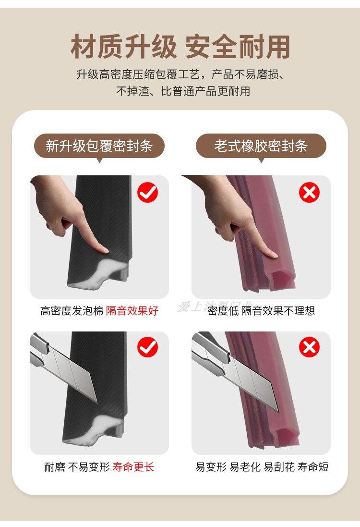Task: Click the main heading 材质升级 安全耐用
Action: [x=180, y=47]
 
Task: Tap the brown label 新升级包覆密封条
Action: [x=99, y=146]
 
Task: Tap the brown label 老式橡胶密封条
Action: [x=261, y=146]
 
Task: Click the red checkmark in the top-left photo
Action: [x=147, y=193]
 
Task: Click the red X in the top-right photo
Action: [x=309, y=193]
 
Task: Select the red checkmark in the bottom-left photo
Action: [x=147, y=347]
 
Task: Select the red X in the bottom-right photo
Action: [x=309, y=347]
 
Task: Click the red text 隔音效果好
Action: [x=132, y=311]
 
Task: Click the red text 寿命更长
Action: [x=133, y=467]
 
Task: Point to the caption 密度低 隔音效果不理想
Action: [x=261, y=311]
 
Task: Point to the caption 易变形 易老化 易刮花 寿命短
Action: [x=262, y=467]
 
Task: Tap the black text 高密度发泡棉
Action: [x=72, y=311]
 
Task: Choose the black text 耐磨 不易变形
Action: [x=77, y=467]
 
